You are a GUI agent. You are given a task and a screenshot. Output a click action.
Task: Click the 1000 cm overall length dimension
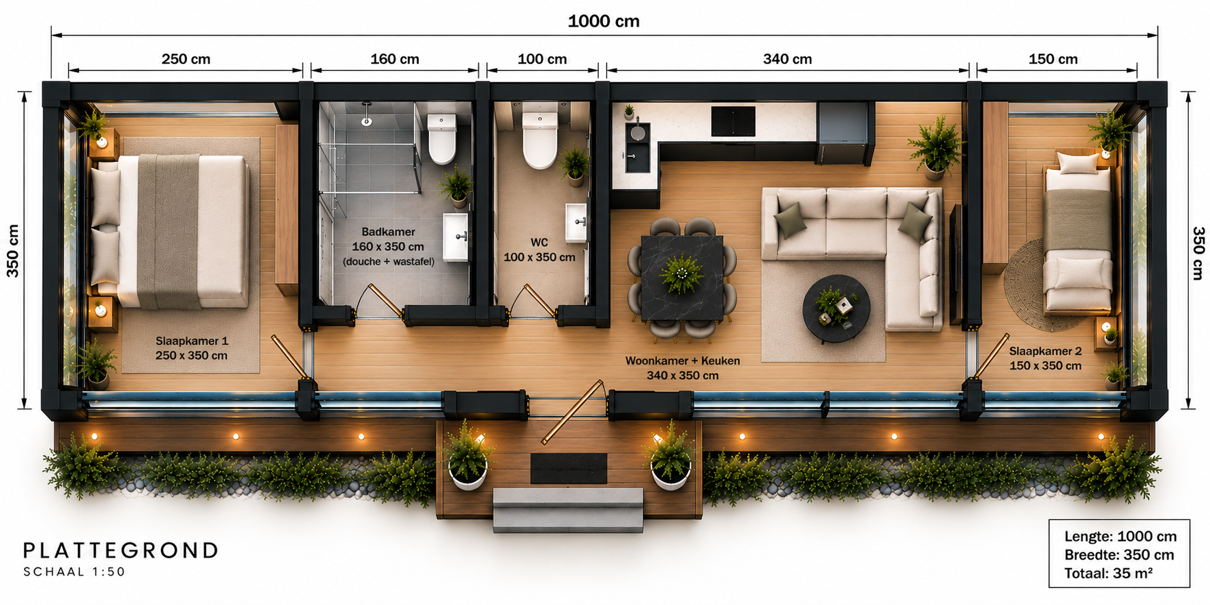(x=604, y=21)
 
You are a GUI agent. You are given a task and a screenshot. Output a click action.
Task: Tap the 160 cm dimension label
(x=394, y=59)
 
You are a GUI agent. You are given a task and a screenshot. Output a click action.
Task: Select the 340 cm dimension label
(x=787, y=59)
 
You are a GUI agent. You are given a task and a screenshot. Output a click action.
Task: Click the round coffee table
(x=836, y=309)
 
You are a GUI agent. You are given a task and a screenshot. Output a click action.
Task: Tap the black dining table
(x=682, y=278)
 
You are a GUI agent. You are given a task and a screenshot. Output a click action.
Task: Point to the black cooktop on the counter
(x=733, y=121)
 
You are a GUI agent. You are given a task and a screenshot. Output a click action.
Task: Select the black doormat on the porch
(x=569, y=468)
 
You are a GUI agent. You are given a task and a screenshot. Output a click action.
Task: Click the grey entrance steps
(x=568, y=510)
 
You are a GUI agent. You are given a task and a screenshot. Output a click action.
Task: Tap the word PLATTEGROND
(x=121, y=550)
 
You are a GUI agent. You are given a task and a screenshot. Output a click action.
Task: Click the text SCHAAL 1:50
(x=74, y=572)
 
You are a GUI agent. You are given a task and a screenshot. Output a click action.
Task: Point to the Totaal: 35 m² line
(x=1108, y=573)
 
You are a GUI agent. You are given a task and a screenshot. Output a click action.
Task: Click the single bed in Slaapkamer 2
(x=1078, y=232)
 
